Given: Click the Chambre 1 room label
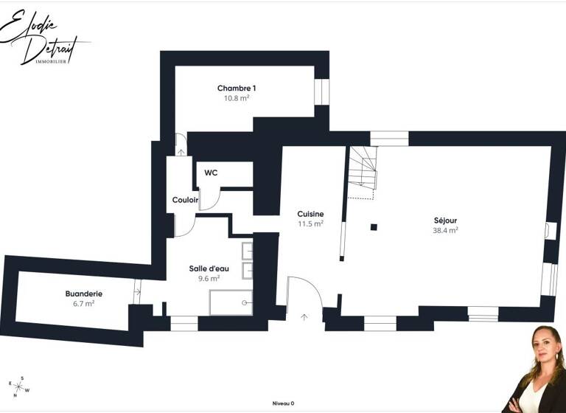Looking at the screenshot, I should [x=236, y=88].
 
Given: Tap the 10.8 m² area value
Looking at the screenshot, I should [x=236, y=98].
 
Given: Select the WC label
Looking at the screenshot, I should [x=211, y=173].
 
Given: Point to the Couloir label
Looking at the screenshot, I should [x=186, y=200].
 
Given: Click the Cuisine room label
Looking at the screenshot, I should [x=310, y=214].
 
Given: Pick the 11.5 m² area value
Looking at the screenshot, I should [x=310, y=223].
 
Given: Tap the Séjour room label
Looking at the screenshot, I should [x=445, y=221].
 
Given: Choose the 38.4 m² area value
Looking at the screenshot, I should [x=445, y=230].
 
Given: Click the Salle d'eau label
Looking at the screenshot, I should [x=209, y=268].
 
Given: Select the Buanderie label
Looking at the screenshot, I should [x=83, y=294].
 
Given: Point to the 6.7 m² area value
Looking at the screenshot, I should [x=83, y=303].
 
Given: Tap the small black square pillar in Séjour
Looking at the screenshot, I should [x=374, y=227].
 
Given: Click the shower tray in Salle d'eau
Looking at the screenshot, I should [x=231, y=302].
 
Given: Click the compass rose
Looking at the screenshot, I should [x=21, y=385].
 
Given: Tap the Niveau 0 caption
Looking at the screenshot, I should [x=283, y=403].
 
